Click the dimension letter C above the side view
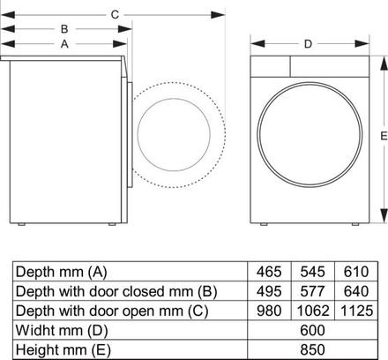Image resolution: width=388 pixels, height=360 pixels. point(115,14)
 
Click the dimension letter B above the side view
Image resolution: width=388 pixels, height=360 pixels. point(64,28)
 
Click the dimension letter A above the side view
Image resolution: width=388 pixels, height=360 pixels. point(64,42)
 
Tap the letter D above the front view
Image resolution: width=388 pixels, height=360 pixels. point(308,43)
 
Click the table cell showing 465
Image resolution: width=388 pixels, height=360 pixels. point(268,271)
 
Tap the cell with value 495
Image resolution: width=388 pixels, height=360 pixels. point(268,290)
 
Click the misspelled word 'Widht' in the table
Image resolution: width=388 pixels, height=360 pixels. point(39,330)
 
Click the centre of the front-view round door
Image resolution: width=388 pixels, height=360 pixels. point(308,137)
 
